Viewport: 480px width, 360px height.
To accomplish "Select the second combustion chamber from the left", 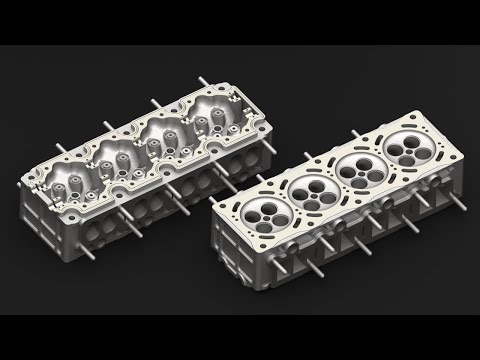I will click(308, 188).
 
